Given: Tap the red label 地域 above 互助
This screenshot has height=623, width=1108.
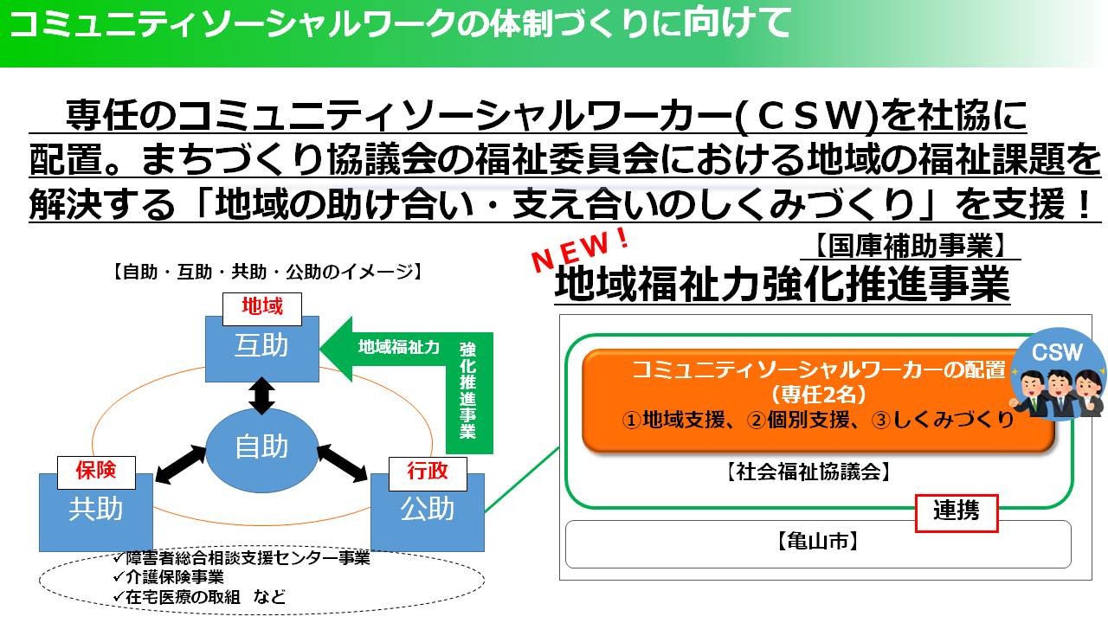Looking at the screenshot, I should pos(261,305).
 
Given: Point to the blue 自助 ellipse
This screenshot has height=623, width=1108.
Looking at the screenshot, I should pos(261,447).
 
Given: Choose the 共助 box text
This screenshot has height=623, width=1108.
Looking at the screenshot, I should pos(95,509).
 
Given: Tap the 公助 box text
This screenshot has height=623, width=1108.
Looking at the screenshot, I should pos(427,509).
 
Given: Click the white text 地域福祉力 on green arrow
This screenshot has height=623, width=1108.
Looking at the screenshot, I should pos(399,347).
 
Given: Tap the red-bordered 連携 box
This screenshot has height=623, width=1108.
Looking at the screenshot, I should pos(957,512).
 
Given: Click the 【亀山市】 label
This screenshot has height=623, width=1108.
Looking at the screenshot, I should pos(817,542).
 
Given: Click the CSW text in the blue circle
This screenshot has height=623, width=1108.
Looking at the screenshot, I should pos(1057,353).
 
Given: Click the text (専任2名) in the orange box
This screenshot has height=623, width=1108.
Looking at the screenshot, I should pos(818,394).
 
